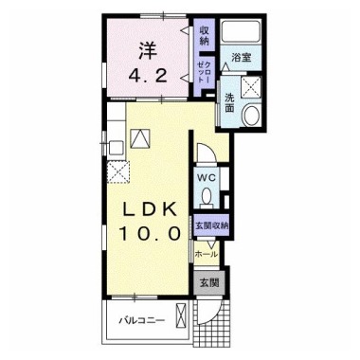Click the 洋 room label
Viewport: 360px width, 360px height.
click(x=148, y=51)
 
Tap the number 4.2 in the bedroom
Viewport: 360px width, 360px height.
click(x=148, y=76)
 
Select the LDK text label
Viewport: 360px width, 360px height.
click(x=150, y=208)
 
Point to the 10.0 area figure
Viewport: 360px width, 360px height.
click(x=150, y=234)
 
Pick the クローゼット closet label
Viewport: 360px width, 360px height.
click(x=204, y=73)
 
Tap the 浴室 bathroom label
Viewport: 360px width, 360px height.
click(x=241, y=58)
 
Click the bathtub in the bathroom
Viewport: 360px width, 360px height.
click(x=241, y=31)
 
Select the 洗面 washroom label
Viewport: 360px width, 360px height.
click(x=229, y=103)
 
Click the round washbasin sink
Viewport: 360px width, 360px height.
click(x=251, y=114)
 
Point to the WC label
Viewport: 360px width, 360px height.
click(x=207, y=177)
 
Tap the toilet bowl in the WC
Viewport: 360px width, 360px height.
click(x=207, y=197)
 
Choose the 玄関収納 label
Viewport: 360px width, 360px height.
click(x=212, y=225)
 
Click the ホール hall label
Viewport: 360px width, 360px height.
click(x=207, y=254)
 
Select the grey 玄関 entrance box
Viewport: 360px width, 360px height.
click(x=209, y=283)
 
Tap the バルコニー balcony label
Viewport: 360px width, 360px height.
click(x=142, y=321)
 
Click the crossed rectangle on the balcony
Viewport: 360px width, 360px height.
click(x=182, y=316)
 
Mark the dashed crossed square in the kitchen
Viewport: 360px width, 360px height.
click(x=118, y=171)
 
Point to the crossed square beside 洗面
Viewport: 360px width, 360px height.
click(x=251, y=85)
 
